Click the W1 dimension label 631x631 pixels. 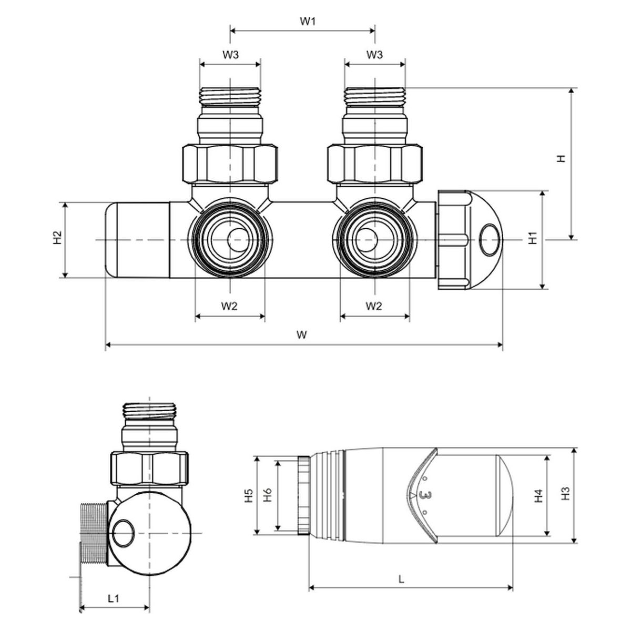tap(308, 22)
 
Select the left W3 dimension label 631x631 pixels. tap(230, 55)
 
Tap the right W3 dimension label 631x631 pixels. tap(374, 55)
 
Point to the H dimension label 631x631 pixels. tap(562, 158)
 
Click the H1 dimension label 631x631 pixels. tap(533, 238)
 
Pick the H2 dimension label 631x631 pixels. tap(57, 238)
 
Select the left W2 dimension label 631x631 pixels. tap(229, 306)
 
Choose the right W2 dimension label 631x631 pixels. tap(374, 306)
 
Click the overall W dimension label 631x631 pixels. tap(301, 334)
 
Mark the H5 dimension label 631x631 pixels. tap(249, 494)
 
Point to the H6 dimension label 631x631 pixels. tap(267, 494)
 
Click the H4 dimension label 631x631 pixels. tap(539, 495)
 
